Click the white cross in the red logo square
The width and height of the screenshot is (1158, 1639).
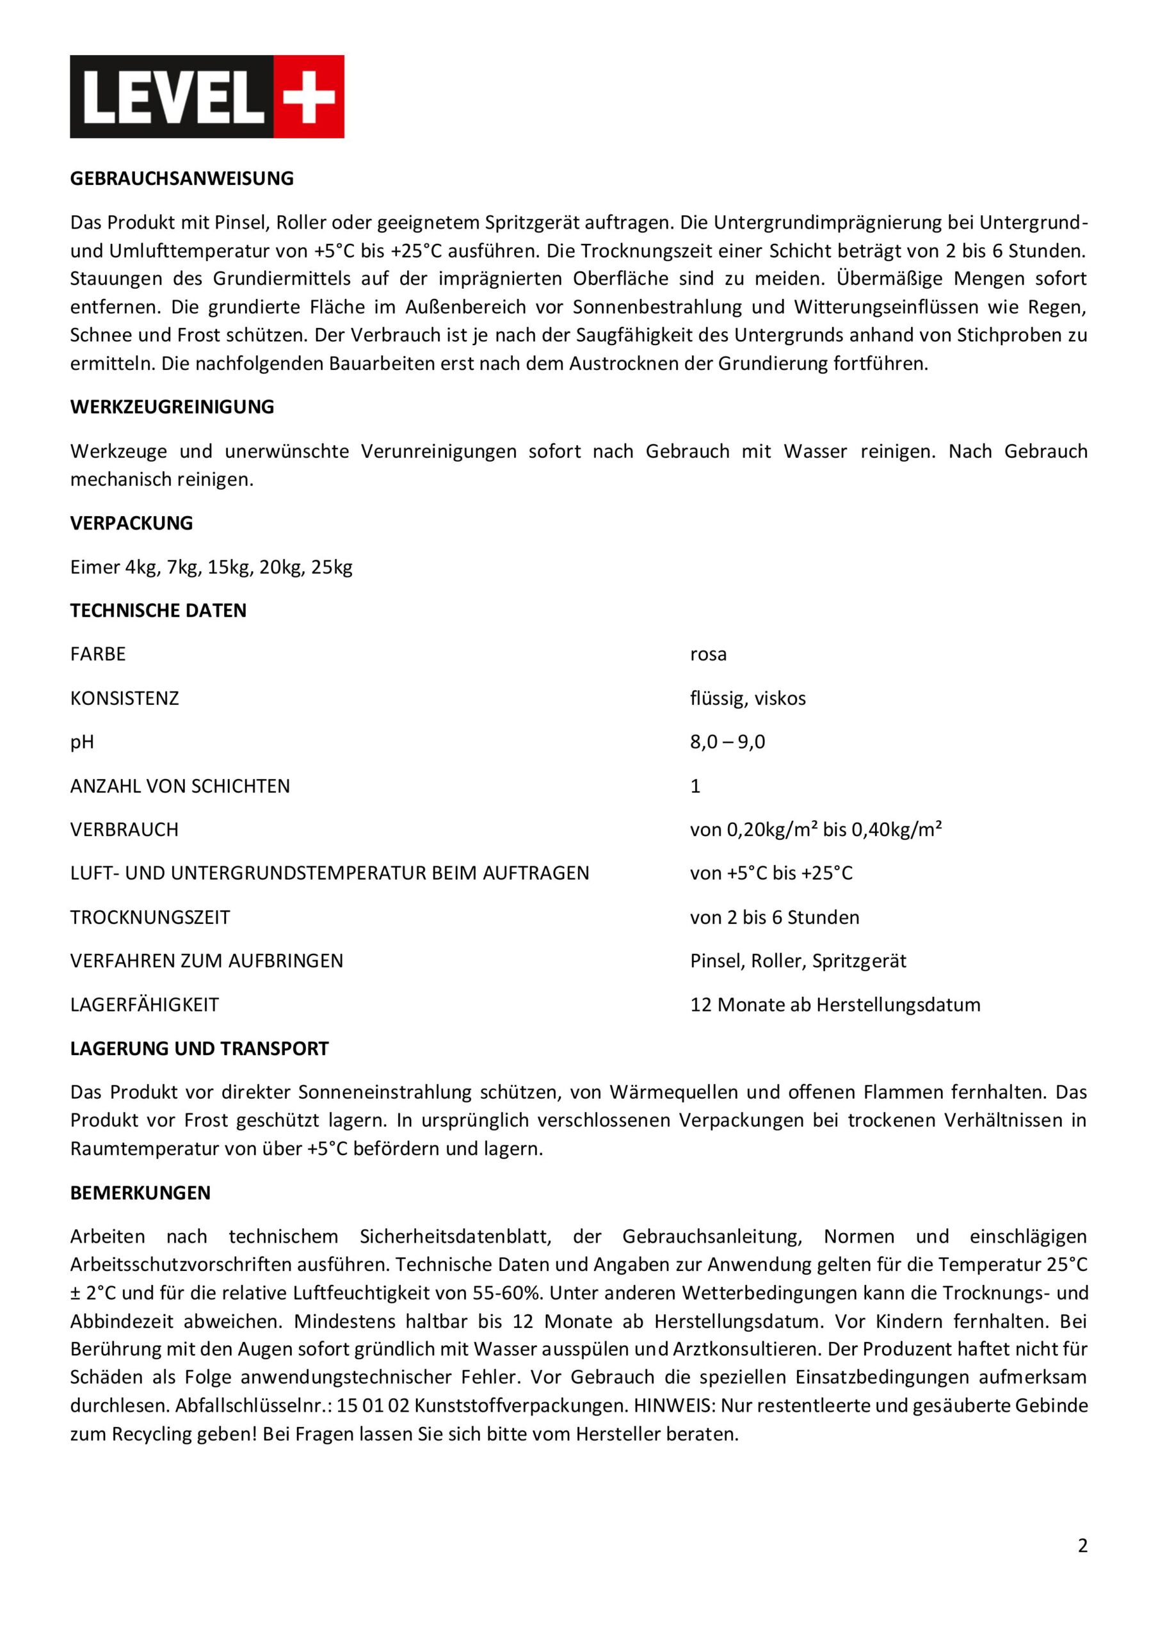(x=309, y=97)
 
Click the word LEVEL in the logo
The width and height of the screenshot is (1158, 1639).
(x=172, y=97)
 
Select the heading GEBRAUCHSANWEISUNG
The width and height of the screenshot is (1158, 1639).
(x=181, y=179)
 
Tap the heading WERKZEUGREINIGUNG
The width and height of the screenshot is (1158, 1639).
(x=172, y=407)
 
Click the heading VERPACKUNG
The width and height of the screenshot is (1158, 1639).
(x=131, y=523)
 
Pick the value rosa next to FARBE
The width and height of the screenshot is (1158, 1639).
(x=707, y=654)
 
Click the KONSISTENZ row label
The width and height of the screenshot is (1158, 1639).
(x=124, y=698)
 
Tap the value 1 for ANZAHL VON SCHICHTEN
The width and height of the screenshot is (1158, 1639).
(x=695, y=786)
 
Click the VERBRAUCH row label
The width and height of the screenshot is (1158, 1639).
(x=124, y=830)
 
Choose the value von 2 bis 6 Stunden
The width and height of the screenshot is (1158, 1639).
(x=774, y=917)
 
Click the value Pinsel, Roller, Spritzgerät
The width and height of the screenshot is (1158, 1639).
(x=798, y=961)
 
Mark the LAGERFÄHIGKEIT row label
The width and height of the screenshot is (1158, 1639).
(x=144, y=1005)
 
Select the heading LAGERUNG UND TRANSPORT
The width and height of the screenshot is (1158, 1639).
(x=199, y=1049)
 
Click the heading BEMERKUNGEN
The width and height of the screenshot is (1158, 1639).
(x=140, y=1193)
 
